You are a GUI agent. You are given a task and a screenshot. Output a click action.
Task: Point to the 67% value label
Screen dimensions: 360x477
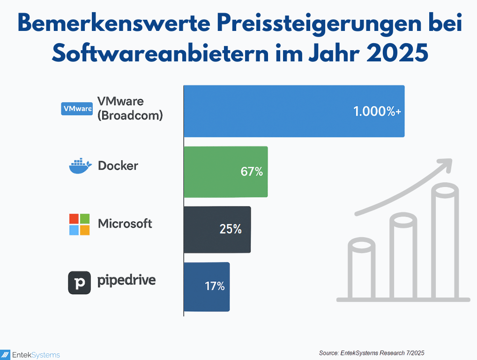(252, 172)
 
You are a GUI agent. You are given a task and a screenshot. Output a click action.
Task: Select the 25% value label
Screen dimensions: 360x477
(231, 229)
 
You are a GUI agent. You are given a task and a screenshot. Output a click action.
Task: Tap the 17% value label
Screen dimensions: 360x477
(215, 286)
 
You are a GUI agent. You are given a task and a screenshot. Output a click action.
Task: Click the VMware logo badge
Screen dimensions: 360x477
(77, 108)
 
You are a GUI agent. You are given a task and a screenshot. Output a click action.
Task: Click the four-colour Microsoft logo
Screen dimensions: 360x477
(79, 224)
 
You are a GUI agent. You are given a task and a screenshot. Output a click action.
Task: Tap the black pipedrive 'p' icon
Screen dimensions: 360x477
(79, 283)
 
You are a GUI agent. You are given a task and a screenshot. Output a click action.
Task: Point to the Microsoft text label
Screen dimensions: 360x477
(125, 224)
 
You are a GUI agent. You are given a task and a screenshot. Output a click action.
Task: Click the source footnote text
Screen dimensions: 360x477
(372, 352)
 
